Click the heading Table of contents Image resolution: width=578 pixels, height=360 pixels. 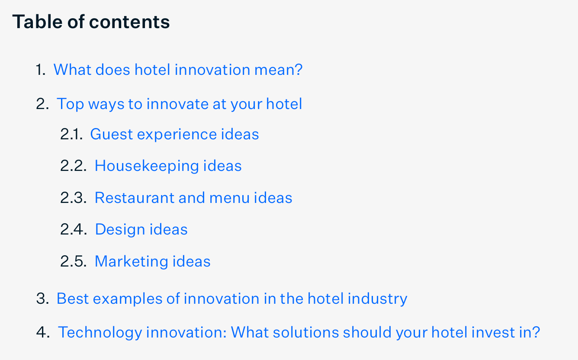pos(91,22)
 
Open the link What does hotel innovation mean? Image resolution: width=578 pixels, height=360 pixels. pos(178,70)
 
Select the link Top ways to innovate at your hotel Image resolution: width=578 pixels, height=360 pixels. pos(179,104)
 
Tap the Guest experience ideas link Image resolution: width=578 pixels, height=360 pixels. pos(174,135)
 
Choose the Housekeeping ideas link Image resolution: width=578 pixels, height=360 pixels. pos(168,166)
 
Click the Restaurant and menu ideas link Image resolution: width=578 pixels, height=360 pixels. pos(193,198)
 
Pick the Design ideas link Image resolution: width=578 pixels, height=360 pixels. pos(141,229)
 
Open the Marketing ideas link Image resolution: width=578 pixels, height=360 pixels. pos(152,261)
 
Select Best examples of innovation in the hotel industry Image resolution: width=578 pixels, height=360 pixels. pos(232,299)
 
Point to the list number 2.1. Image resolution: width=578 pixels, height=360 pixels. pos(71,135)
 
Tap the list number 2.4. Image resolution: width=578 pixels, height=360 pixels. pos(74,229)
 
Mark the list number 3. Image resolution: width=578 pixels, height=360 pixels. pos(42,299)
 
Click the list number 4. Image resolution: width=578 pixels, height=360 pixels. pos(43,332)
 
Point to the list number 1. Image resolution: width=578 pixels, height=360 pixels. pos(41,70)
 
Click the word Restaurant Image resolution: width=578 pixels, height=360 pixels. pos(135,198)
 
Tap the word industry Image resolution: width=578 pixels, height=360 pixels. pos(377,299)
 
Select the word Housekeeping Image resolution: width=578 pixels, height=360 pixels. pos(147,166)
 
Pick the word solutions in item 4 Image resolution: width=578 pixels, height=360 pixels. pos(306,332)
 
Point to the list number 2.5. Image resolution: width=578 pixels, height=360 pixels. pos(73,261)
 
